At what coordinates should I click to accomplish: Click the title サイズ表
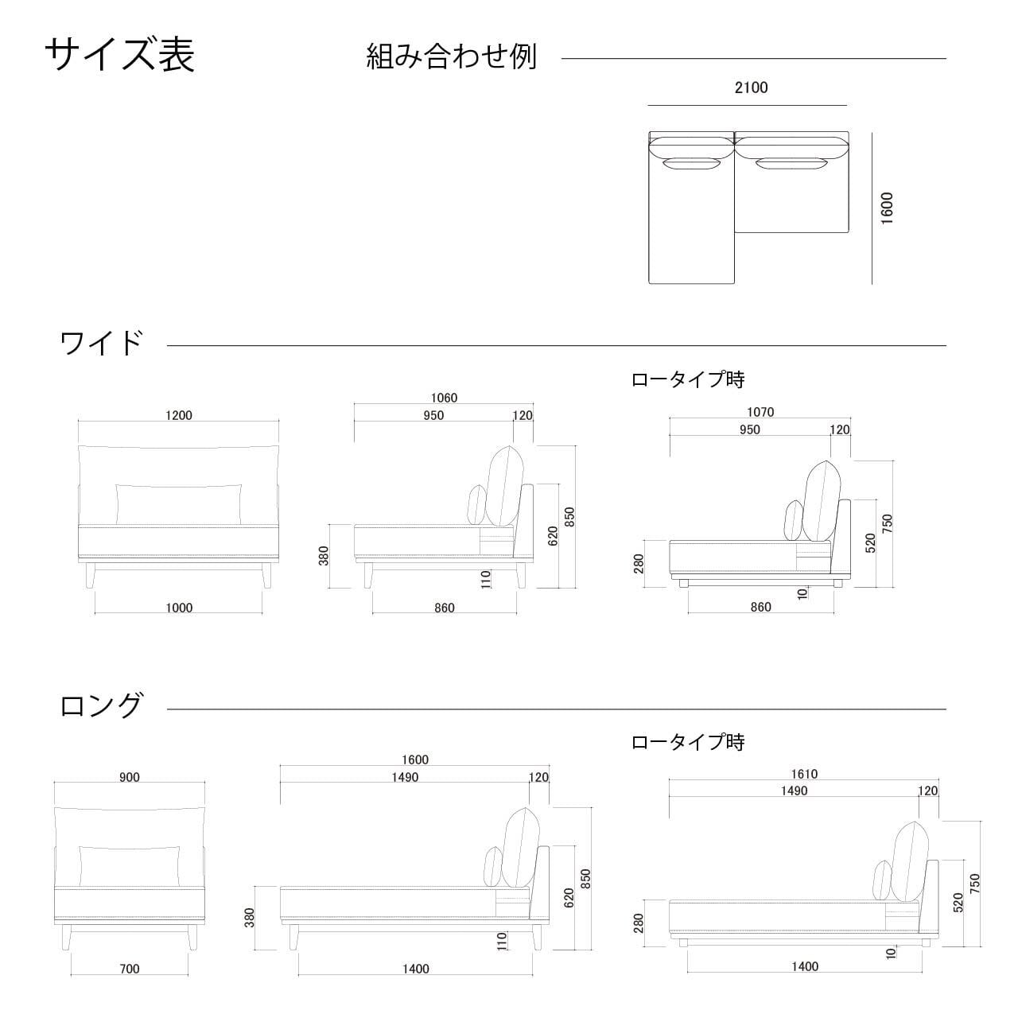coord(119,55)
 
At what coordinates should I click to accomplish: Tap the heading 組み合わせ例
coord(451,56)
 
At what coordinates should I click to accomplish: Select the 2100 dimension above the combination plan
coord(751,87)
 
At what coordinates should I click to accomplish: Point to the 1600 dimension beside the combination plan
coord(888,208)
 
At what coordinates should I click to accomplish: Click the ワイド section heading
coord(102,344)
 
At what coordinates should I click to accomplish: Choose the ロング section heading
coord(102,705)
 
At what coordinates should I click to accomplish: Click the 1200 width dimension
coord(179,415)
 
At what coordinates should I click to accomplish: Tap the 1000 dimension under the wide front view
coord(179,608)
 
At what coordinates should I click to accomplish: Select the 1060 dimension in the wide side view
coord(444,398)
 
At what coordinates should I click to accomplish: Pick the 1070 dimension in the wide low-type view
coord(760,412)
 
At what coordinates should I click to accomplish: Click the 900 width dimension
coord(130,777)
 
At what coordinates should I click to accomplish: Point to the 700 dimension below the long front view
coord(130,969)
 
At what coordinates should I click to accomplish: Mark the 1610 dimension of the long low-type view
coord(804,774)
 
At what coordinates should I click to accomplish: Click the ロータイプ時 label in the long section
coord(688,742)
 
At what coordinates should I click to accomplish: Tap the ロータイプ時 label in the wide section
coord(688,379)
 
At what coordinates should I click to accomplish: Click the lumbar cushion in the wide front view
coord(179,503)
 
